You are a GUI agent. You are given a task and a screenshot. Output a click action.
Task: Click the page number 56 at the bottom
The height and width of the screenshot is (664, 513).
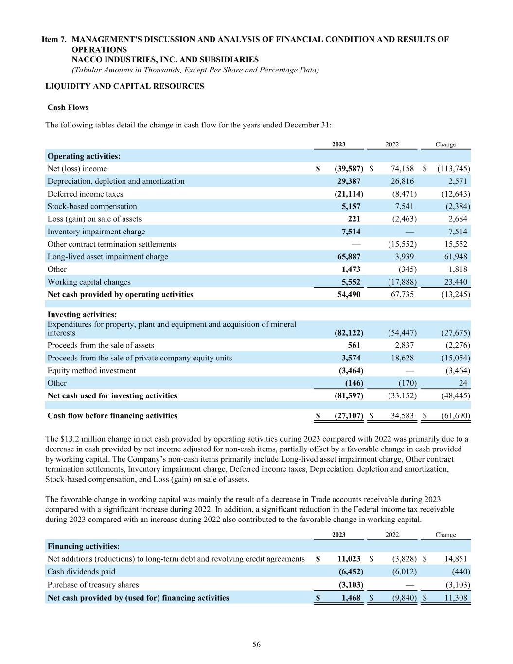(x=256, y=645)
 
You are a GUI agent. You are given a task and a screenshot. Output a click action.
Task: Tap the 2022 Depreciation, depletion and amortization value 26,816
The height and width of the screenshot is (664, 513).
(x=402, y=181)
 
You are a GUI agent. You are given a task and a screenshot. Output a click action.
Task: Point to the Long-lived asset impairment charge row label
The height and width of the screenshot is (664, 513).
(x=107, y=257)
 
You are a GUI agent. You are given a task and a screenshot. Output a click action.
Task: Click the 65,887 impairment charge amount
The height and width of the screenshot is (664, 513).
(x=349, y=257)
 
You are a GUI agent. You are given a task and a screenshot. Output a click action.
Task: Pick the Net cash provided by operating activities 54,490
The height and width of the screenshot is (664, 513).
(x=349, y=295)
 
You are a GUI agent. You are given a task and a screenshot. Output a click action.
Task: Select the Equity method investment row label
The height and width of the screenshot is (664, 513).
(x=91, y=371)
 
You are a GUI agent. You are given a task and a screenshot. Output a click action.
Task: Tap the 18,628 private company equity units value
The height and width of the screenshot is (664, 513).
(x=402, y=358)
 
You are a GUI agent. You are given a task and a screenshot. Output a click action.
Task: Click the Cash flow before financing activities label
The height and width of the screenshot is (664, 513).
(x=112, y=416)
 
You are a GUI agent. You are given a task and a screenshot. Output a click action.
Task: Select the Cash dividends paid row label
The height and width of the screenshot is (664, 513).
(x=81, y=572)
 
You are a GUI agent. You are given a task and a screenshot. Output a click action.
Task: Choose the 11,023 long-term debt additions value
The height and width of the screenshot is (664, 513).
(x=349, y=559)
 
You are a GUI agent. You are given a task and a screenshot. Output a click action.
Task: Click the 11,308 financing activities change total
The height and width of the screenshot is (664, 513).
(x=456, y=598)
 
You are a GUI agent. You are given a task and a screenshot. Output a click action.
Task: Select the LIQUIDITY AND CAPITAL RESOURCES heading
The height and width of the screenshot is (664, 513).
(x=124, y=86)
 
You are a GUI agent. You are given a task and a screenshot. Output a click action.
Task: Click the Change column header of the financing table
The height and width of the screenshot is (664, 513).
(x=445, y=535)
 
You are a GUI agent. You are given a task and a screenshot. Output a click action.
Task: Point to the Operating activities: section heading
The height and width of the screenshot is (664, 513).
(x=84, y=156)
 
